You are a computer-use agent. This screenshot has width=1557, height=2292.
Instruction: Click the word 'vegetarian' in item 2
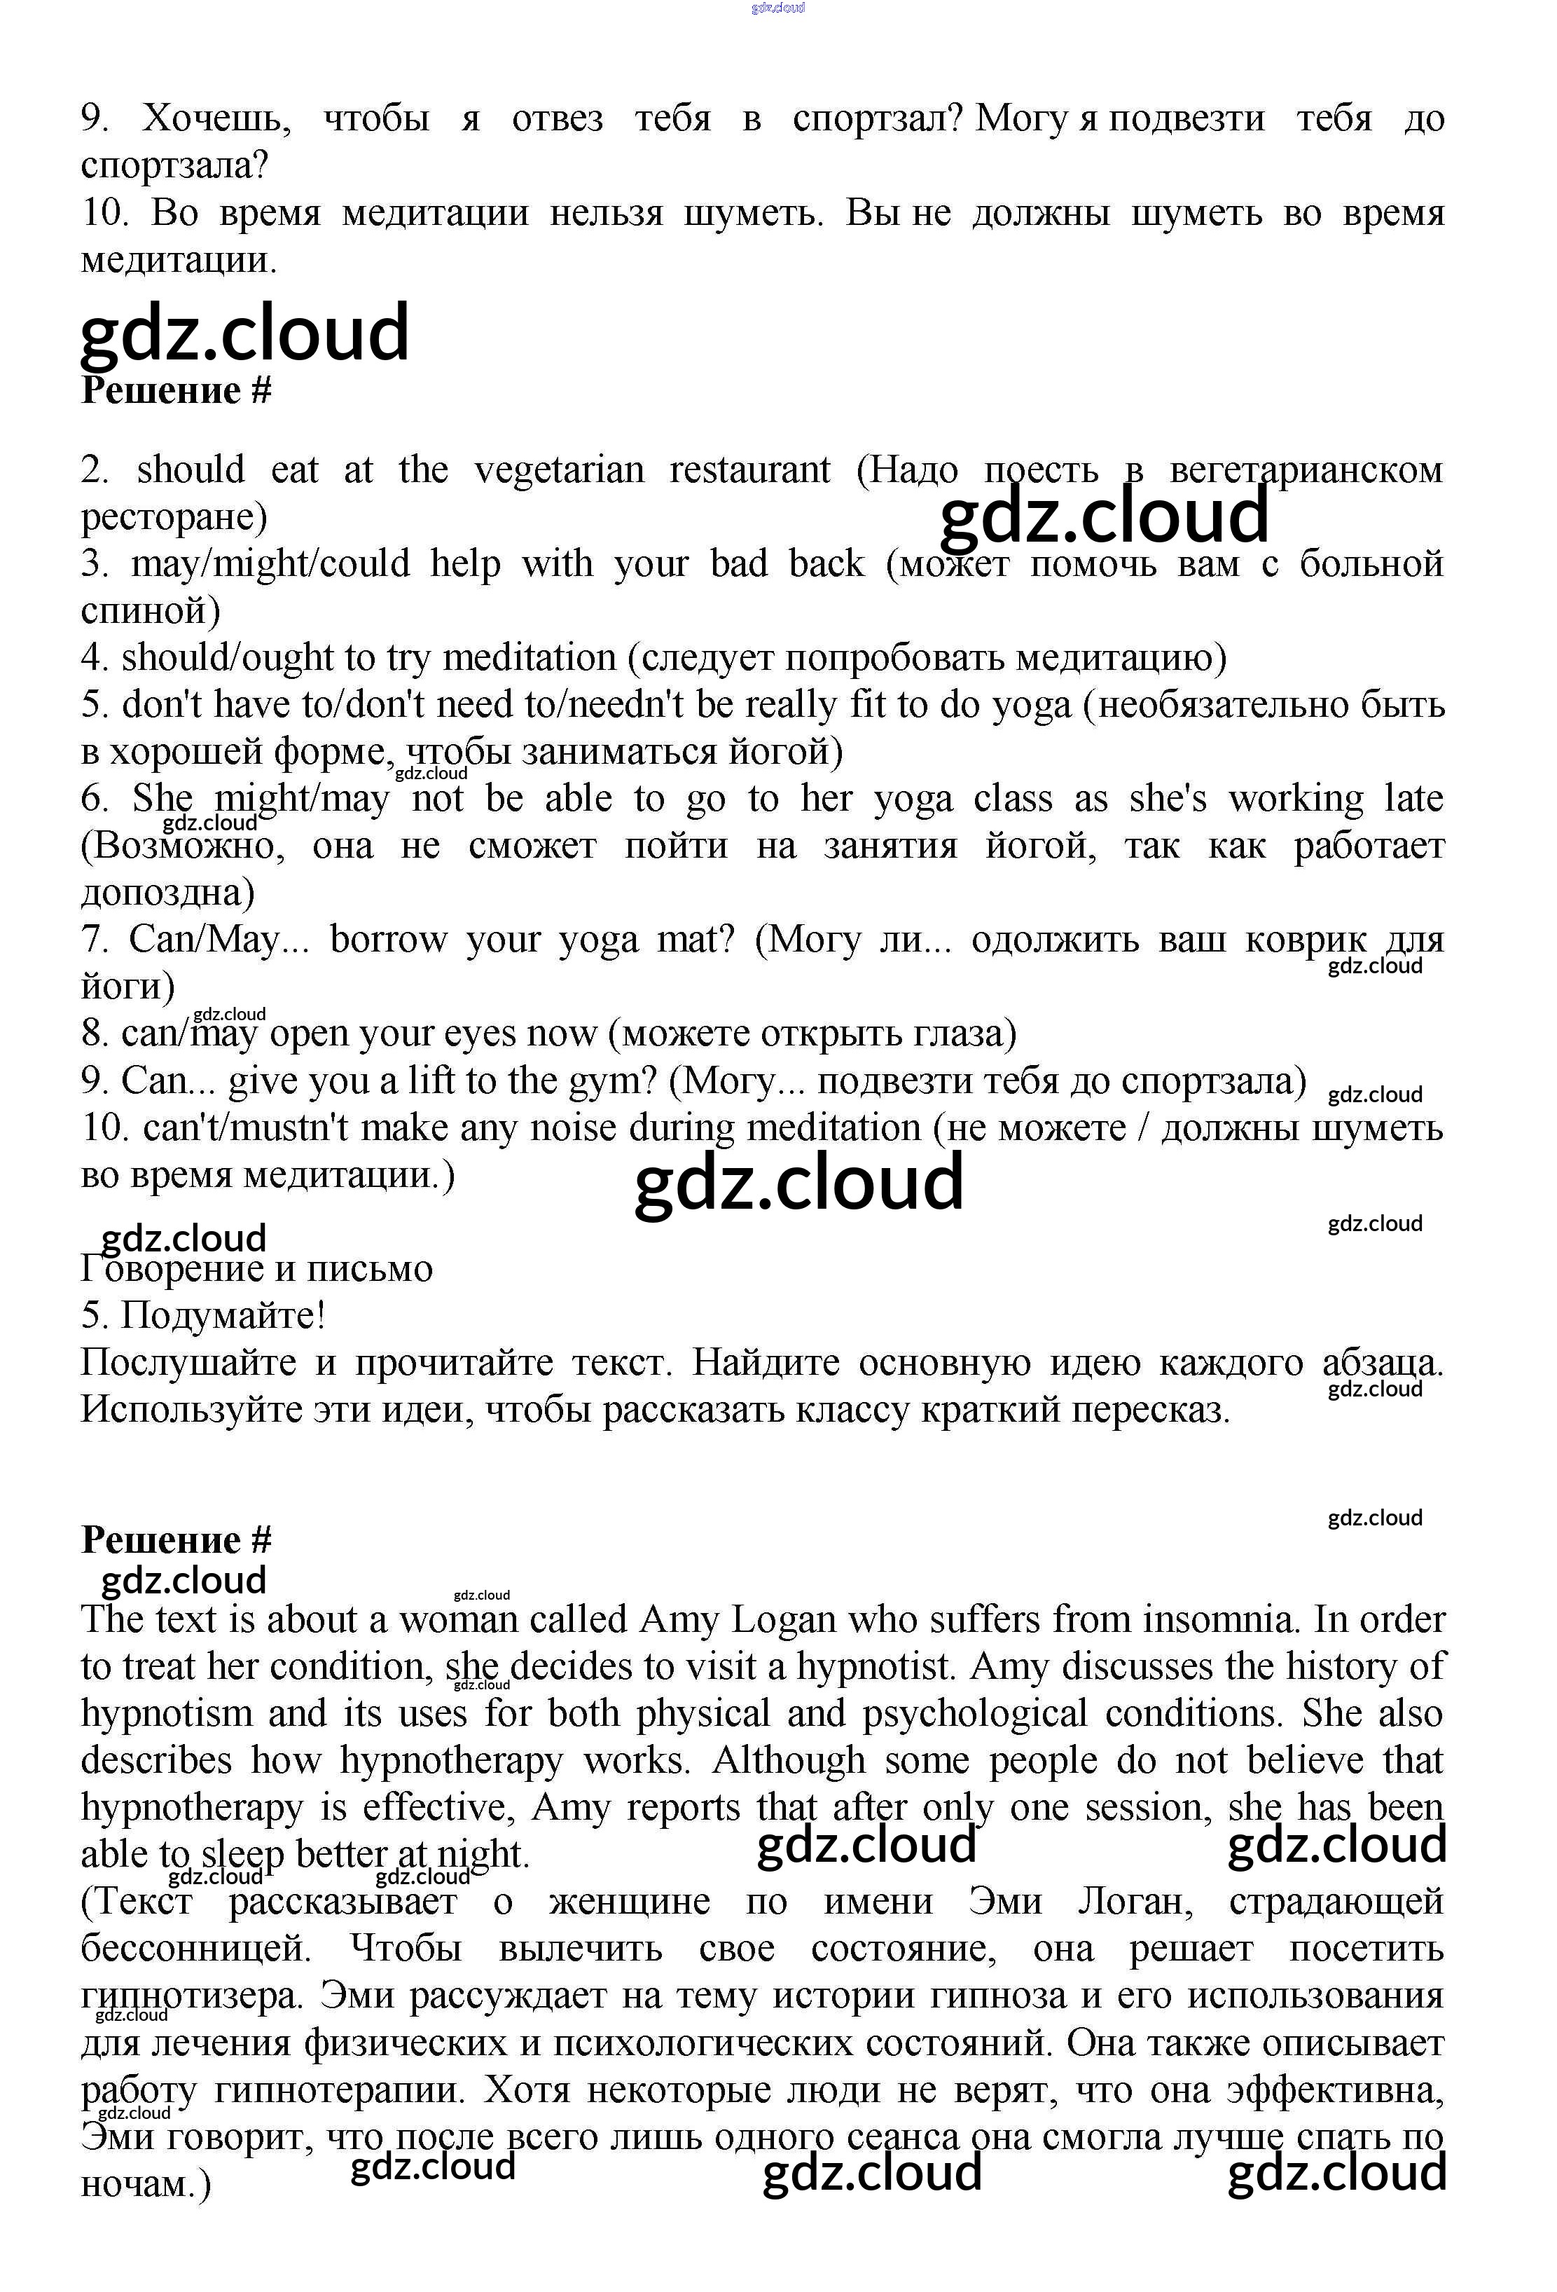pyautogui.click(x=559, y=470)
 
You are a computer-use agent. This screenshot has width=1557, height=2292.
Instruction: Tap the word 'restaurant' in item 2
pyautogui.click(x=749, y=470)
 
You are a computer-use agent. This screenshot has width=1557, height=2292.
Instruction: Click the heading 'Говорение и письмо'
pyautogui.click(x=256, y=1268)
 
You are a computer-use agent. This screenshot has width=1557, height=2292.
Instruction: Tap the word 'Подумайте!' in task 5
pyautogui.click(x=223, y=1316)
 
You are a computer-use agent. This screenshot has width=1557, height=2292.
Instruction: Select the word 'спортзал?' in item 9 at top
pyautogui.click(x=877, y=119)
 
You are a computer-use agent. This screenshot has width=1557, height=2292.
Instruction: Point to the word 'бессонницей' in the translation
pyautogui.click(x=195, y=1949)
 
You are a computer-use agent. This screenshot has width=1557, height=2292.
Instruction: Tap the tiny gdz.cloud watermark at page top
pyautogui.click(x=778, y=8)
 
